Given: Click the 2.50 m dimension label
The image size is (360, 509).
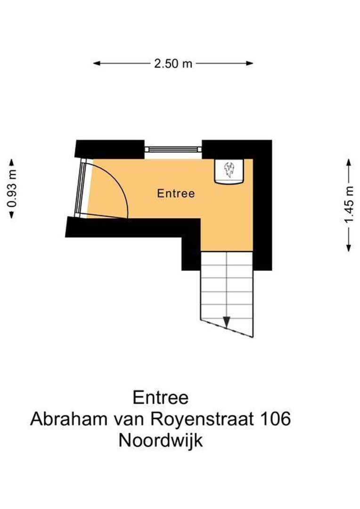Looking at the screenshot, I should pos(173,64).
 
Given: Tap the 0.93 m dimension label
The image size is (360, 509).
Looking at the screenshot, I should pos(12,189).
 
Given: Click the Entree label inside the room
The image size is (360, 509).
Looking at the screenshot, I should pos(176,193).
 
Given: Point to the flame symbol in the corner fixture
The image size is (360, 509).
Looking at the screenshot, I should pos(230,170).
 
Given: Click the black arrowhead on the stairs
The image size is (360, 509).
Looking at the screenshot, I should pos(227,322).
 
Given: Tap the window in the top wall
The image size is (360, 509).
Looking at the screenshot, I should pos(173,149).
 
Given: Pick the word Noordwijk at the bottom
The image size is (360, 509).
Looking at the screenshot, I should pos(161,441).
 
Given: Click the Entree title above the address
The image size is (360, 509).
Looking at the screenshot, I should pos(161,397).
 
